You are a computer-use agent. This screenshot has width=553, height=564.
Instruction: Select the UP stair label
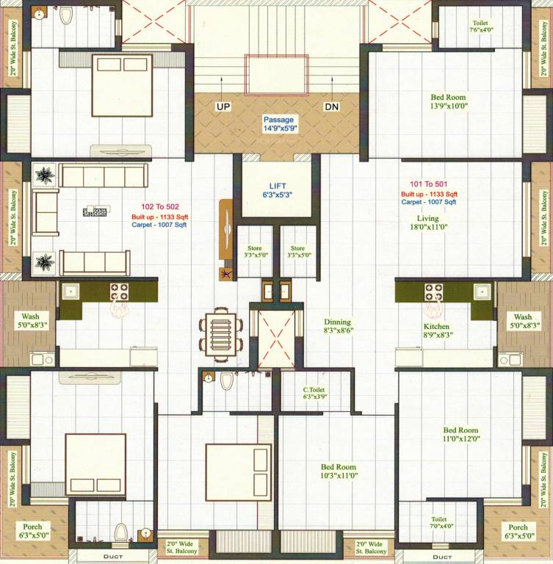[223, 107]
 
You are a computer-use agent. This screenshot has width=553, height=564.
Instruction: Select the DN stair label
[332, 107]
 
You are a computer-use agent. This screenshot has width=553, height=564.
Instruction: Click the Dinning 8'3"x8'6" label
[338, 326]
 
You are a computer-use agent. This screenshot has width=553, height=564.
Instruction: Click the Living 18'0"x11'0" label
[427, 223]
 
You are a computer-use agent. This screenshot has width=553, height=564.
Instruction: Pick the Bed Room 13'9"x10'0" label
[448, 101]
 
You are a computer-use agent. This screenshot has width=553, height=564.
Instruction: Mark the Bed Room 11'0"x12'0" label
[461, 435]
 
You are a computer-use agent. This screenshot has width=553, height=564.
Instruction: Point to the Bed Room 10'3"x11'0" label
[339, 471]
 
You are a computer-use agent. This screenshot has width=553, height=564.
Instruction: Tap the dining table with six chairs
[220, 332]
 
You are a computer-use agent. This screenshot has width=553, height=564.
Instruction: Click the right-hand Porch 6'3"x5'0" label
[518, 532]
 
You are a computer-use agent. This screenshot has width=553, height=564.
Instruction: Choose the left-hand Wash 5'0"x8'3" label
[30, 320]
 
